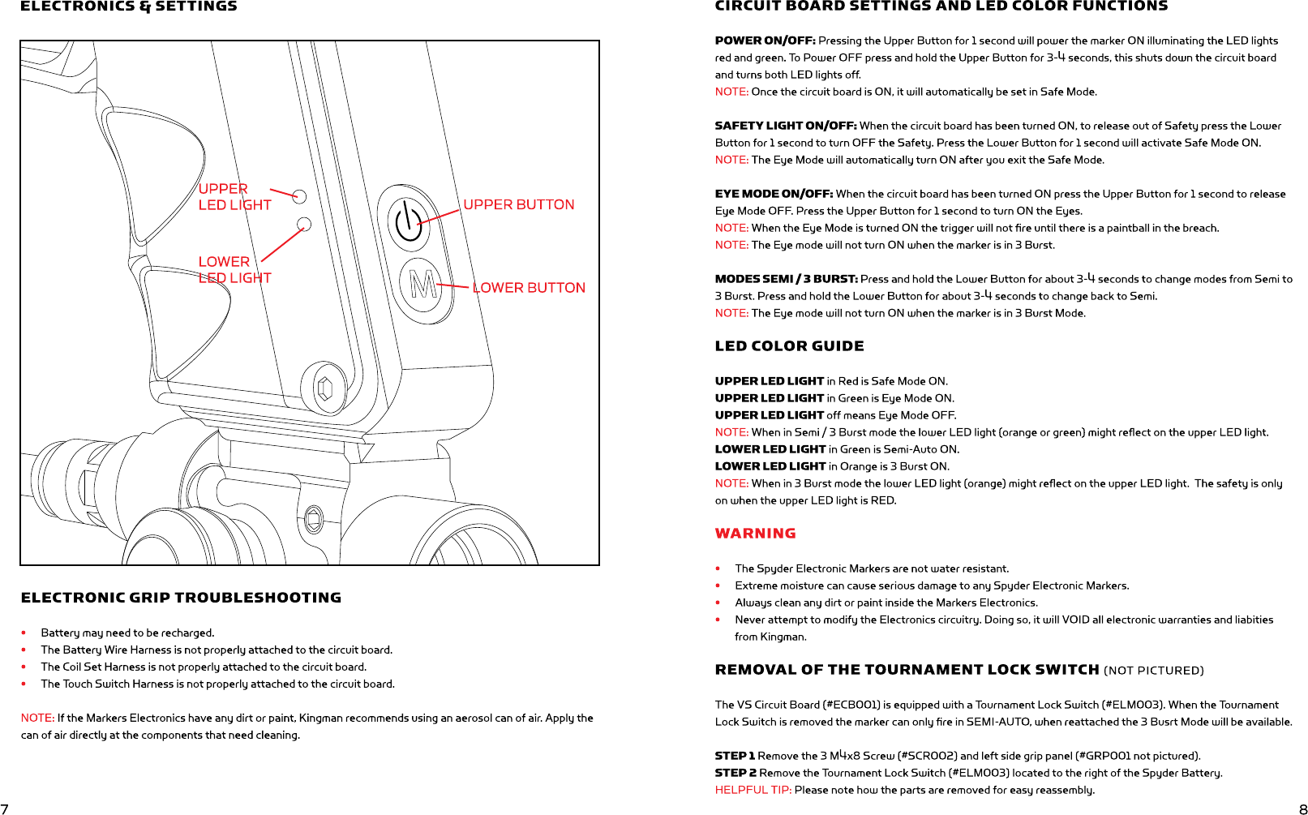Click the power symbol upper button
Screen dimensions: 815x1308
pos(409,220)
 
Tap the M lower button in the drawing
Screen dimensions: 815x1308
pos(421,285)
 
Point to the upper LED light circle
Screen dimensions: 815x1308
pos(299,196)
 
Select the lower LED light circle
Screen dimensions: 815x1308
pos(304,224)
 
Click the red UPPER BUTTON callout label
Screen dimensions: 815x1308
pos(518,205)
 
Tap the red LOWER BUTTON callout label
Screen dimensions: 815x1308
pos(529,288)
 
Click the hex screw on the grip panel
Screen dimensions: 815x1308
pos(325,389)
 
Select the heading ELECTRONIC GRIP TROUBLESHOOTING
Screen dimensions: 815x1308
pos(181,598)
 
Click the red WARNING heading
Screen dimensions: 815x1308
pos(755,534)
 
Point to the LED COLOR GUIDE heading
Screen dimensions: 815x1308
pos(789,346)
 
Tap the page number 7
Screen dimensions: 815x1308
pos(5,809)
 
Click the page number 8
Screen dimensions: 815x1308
pos(1303,809)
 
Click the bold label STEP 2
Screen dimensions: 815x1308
pos(735,773)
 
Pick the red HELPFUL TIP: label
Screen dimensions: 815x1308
pos(753,790)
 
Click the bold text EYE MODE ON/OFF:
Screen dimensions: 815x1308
pos(774,194)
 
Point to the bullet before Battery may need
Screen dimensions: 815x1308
pos(24,633)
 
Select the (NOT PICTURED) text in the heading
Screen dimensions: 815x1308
pos(1153,671)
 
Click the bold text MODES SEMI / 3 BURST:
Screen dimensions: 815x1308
pos(786,279)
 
